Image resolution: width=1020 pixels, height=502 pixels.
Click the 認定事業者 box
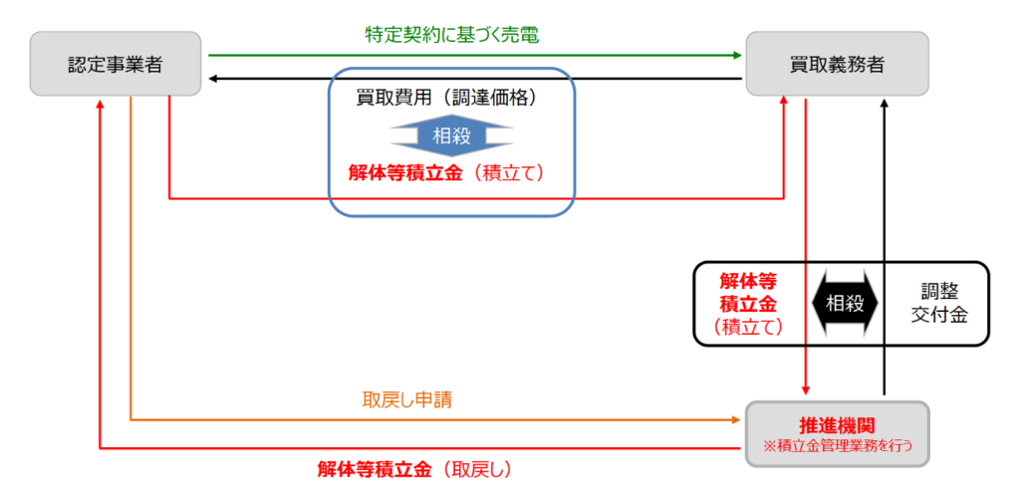116,65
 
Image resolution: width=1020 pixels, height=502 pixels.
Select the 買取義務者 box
837,65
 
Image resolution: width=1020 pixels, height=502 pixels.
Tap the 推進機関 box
837,432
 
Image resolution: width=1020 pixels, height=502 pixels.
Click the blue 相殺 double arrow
452,135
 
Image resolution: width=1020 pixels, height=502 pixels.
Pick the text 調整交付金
941,303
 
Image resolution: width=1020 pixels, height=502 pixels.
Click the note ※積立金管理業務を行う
837,444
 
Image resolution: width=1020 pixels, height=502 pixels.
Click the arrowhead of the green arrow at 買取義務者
738,56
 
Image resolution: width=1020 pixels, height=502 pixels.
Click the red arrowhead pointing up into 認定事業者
101,104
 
